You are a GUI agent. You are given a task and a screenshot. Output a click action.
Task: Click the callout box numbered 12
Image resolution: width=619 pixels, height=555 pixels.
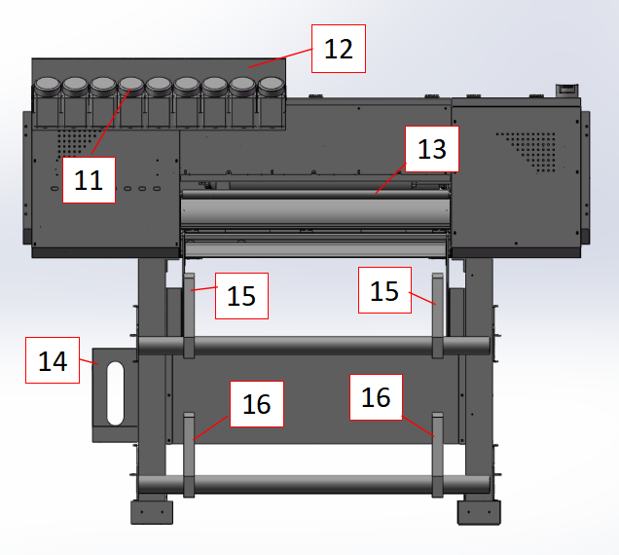tap(339, 49)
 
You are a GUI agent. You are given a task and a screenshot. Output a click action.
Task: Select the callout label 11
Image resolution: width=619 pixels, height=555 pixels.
tap(89, 180)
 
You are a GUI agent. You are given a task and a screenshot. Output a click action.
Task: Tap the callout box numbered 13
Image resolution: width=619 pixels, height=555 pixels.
tap(432, 149)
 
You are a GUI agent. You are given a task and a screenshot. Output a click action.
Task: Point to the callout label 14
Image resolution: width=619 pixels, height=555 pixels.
tap(53, 360)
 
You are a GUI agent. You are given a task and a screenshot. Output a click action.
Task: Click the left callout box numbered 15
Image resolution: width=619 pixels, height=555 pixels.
tap(241, 296)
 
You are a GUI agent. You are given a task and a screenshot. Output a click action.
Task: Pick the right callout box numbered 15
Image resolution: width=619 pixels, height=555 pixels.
tap(384, 290)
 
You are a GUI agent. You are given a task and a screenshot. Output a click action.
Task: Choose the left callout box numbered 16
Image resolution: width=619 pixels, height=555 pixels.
tap(257, 404)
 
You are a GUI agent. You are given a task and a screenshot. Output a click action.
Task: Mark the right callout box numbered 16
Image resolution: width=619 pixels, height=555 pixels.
tap(377, 397)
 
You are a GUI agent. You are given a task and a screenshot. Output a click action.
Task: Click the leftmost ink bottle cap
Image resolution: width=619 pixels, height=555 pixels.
tap(48, 86)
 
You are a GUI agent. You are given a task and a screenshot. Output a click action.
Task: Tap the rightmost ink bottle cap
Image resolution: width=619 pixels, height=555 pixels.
tap(271, 86)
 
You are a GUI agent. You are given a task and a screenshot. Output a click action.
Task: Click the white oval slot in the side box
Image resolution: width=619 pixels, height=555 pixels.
tap(115, 393)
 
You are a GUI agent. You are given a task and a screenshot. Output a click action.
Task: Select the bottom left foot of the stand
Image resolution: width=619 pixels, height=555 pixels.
tap(152, 512)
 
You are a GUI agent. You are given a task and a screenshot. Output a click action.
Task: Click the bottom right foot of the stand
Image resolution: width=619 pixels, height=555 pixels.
tap(479, 512)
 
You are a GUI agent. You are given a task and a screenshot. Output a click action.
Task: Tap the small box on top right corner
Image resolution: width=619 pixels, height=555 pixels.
tap(566, 91)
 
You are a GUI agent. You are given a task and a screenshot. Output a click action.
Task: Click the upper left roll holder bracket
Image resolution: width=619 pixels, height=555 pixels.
tap(189, 315)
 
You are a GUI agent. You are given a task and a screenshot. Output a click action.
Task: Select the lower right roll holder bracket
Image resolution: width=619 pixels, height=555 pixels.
tap(437, 455)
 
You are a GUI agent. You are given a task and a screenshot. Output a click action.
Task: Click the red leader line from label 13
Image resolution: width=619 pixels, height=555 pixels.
tap(390, 178)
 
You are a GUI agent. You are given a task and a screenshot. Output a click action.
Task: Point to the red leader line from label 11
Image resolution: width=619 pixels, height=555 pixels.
tap(111, 122)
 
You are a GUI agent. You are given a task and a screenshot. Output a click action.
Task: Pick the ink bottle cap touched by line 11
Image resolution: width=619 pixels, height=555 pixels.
tap(131, 86)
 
